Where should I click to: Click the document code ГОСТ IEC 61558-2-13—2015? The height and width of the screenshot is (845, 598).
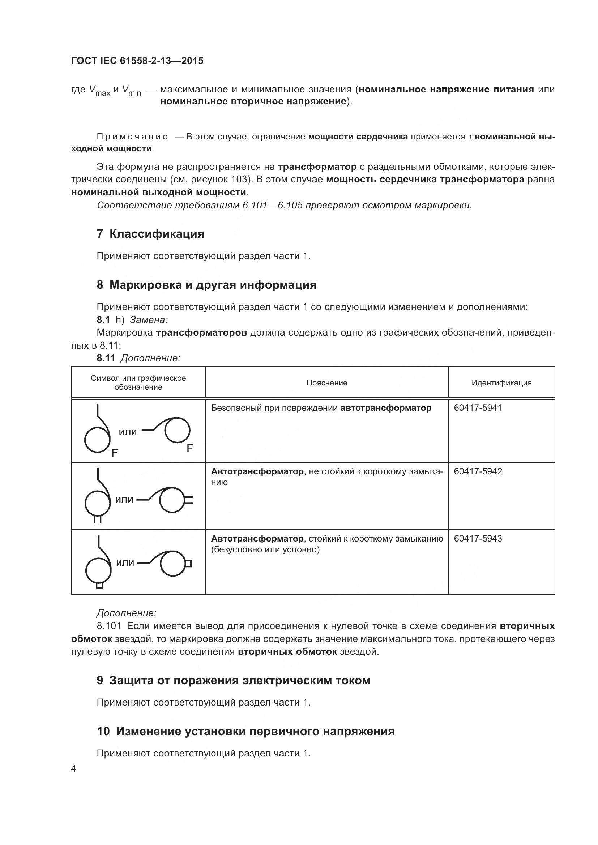137,61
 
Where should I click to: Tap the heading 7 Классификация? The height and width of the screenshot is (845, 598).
150,234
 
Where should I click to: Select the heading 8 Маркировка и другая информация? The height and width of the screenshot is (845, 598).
206,284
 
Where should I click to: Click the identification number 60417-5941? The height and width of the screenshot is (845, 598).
478,408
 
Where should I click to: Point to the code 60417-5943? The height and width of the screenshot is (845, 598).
478,538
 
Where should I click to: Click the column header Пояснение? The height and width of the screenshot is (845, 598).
326,383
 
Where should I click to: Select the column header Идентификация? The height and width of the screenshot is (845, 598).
501,383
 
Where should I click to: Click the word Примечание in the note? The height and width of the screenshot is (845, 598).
132,137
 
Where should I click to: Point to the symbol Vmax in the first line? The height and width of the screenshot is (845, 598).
99,91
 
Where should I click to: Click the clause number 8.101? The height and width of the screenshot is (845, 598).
109,626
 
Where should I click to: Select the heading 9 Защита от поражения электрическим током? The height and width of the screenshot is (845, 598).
234,680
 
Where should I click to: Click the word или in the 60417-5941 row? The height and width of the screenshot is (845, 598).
127,432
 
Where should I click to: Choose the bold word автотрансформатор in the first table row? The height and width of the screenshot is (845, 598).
385,408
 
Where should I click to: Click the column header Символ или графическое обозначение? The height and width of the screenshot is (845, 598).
138,383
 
